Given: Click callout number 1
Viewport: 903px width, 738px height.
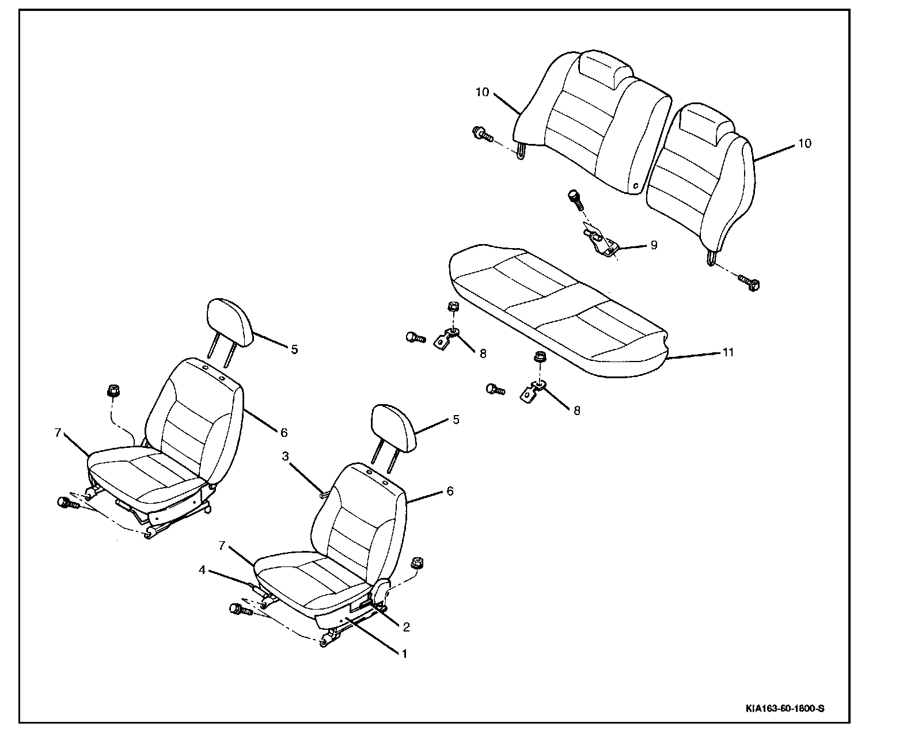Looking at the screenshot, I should [x=404, y=654].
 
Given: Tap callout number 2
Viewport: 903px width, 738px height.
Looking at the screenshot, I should [x=406, y=627].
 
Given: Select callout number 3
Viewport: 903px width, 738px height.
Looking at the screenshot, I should [x=285, y=457].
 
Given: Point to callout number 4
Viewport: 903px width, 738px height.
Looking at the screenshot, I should [x=202, y=570].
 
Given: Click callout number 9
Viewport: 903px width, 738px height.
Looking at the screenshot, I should [x=653, y=245].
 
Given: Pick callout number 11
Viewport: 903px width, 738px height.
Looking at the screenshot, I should [x=728, y=352].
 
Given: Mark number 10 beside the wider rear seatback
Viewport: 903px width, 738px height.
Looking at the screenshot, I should [x=482, y=92].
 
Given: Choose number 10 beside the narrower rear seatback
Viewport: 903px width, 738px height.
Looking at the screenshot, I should [x=805, y=143].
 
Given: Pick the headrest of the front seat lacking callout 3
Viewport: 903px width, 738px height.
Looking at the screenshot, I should [x=230, y=322].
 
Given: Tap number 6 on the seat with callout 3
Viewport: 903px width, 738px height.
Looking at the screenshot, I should [x=450, y=491].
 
